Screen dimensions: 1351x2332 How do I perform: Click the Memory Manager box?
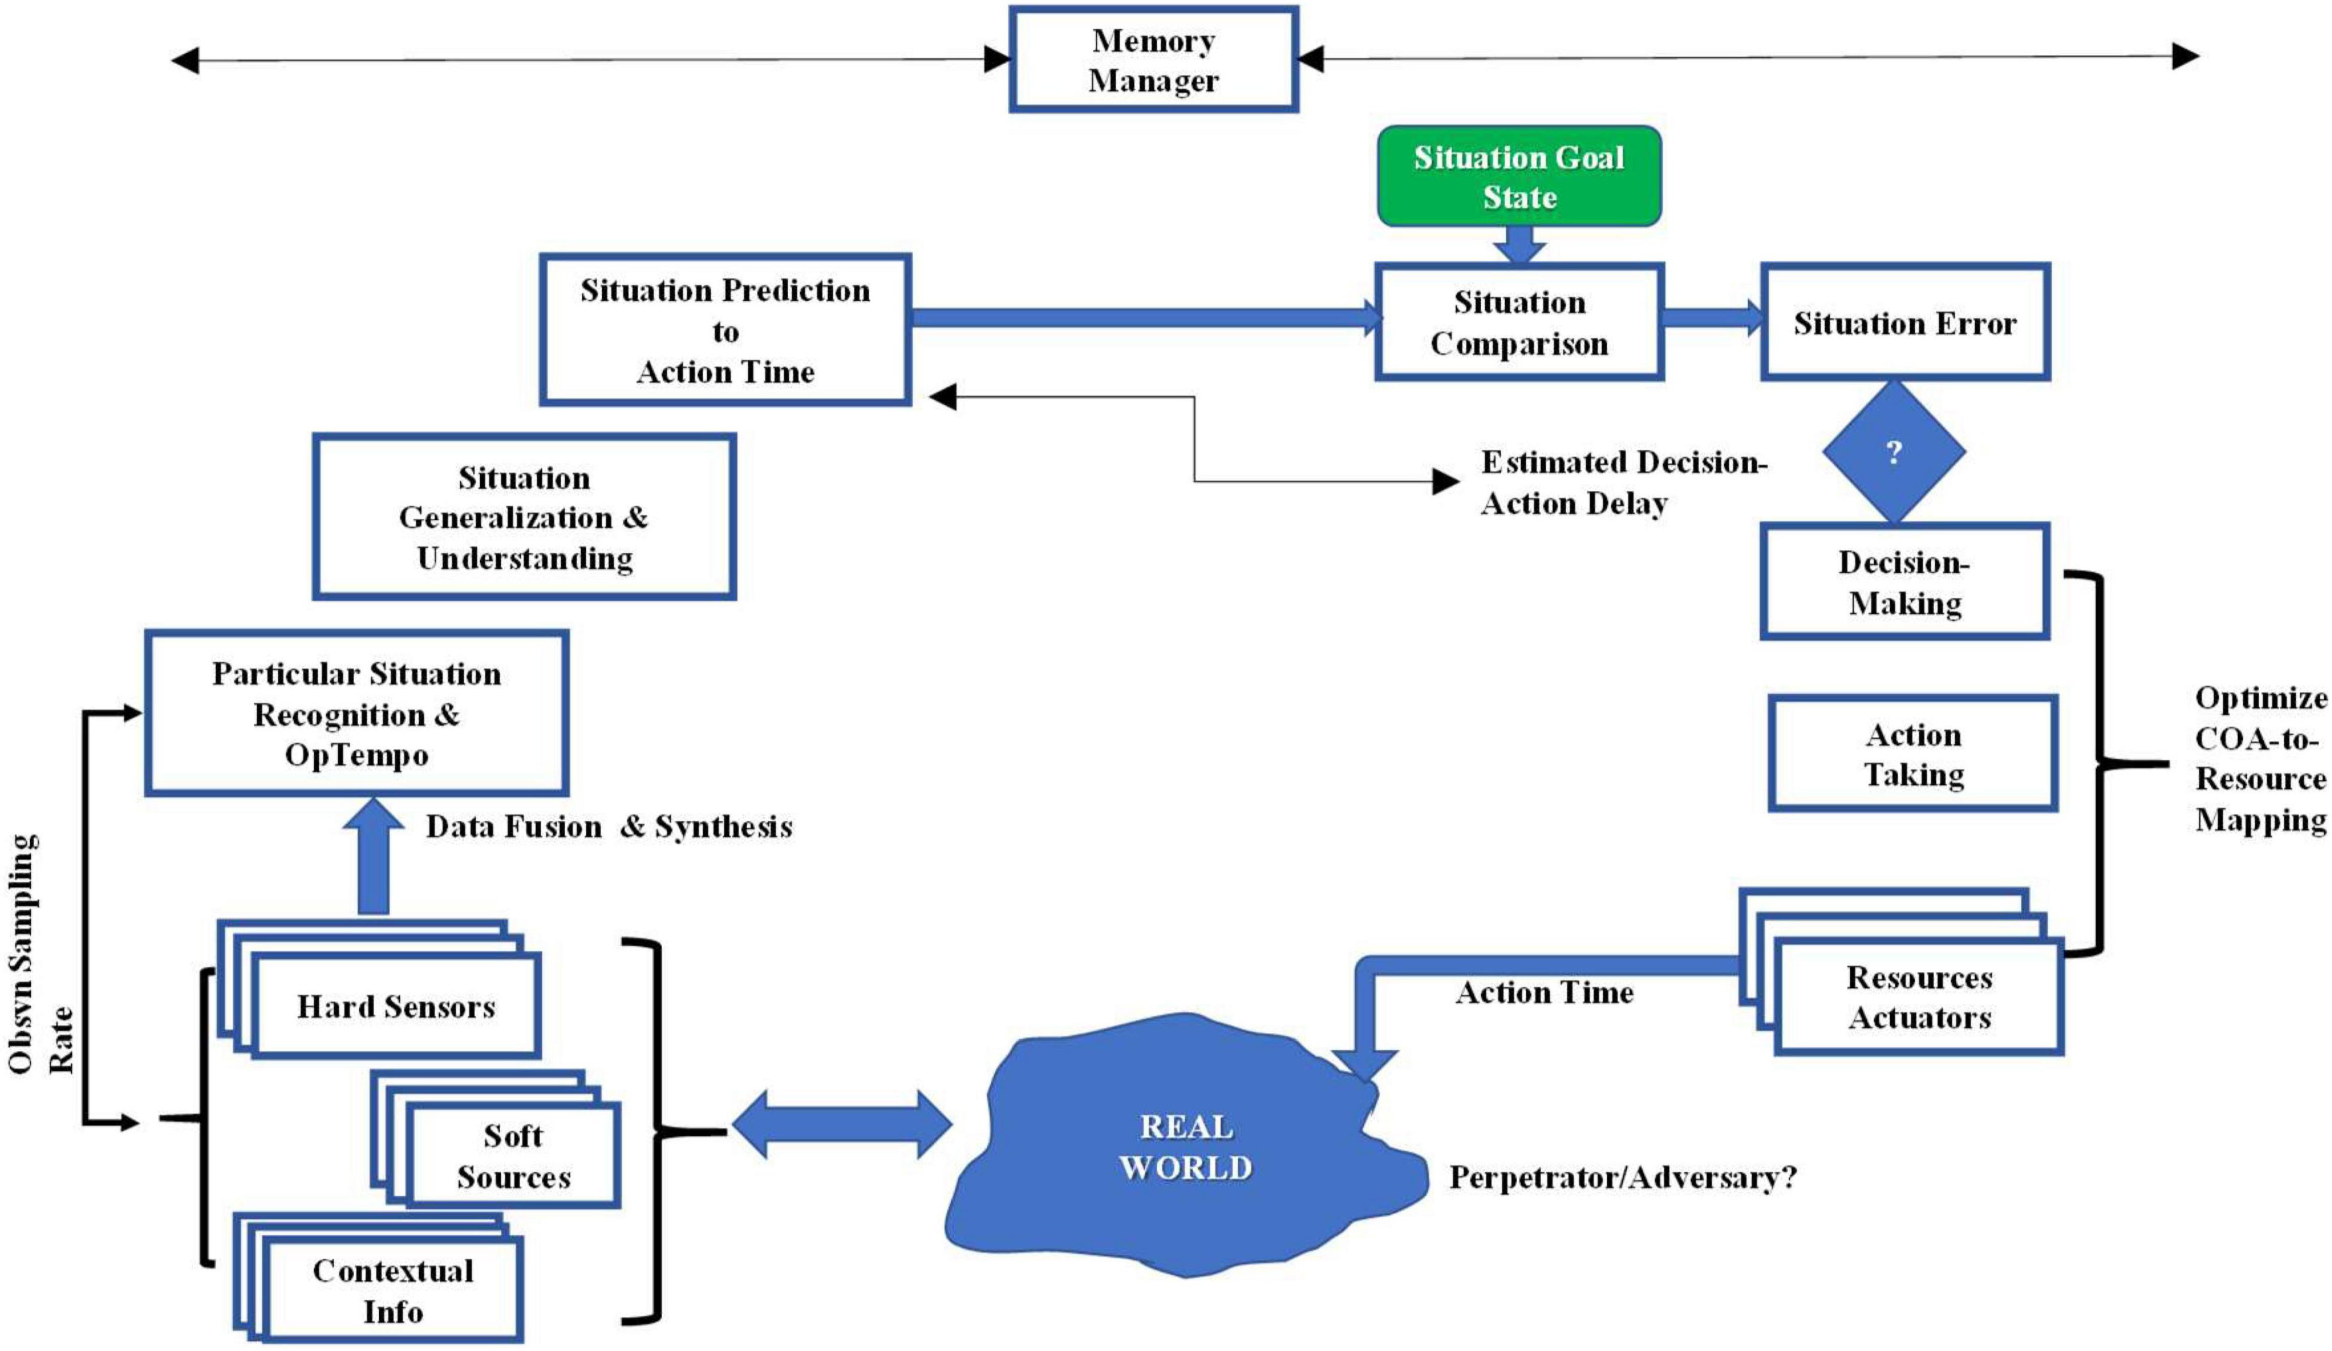1153,60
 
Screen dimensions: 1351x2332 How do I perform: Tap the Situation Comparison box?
1519,322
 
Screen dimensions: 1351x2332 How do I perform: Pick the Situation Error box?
1905,322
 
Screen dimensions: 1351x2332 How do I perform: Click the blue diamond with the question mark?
1893,452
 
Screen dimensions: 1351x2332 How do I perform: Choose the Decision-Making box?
1905,582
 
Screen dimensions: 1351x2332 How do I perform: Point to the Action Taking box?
1913,754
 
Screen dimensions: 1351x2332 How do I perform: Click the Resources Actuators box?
1918,997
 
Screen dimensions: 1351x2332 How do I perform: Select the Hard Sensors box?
396,1007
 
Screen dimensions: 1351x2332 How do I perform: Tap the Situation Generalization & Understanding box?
524,517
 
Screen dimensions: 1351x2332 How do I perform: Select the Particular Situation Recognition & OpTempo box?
356,714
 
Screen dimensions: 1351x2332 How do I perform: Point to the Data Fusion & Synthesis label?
608,826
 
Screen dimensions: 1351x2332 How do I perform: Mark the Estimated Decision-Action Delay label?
1621,482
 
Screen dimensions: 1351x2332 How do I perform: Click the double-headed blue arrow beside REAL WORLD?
841,1124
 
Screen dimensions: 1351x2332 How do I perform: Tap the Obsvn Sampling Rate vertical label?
42,953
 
